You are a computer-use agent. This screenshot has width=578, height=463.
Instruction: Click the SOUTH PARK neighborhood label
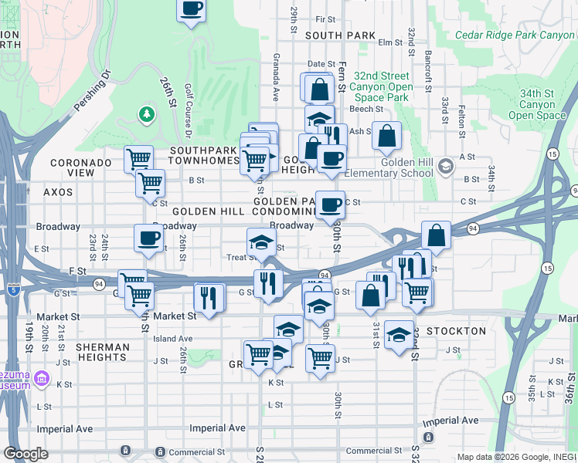(340, 35)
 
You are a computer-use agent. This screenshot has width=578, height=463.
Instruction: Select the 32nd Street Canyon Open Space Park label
(380, 86)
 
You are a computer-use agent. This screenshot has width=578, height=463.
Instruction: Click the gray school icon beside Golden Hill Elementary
(445, 167)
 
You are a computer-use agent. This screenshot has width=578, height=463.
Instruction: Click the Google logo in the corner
(27, 454)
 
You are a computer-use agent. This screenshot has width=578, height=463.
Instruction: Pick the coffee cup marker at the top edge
(192, 9)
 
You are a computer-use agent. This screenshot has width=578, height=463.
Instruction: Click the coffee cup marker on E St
(148, 238)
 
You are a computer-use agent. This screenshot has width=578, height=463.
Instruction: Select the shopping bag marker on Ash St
(387, 136)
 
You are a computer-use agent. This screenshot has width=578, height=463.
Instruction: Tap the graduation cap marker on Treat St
(261, 242)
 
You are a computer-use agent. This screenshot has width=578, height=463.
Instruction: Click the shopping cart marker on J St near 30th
(321, 357)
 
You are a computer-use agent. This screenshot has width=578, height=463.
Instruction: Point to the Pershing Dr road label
(93, 91)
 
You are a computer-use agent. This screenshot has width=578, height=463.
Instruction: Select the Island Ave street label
(173, 339)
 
